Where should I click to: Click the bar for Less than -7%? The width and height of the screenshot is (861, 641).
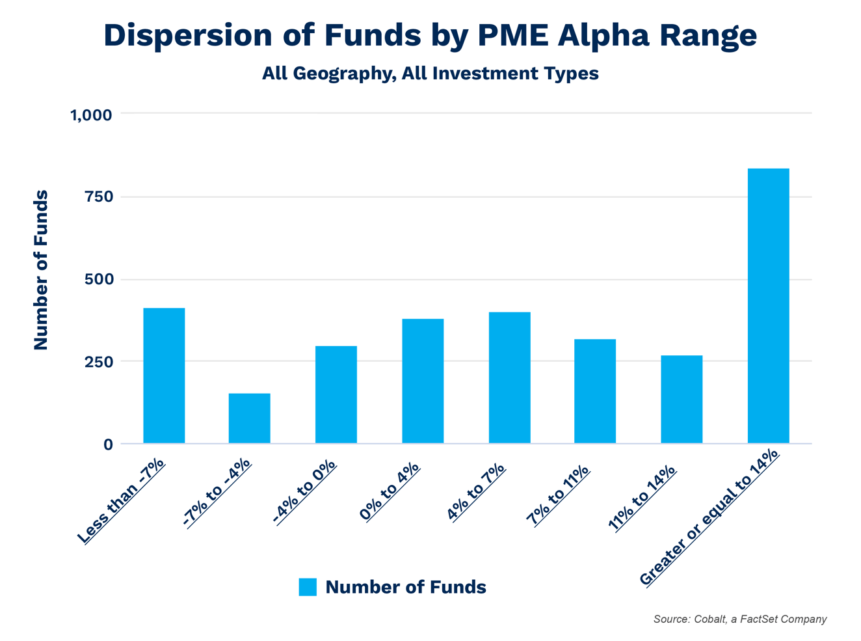click(164, 375)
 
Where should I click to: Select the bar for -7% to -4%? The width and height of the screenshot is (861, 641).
click(249, 418)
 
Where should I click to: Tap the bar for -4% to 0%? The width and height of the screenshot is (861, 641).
click(336, 394)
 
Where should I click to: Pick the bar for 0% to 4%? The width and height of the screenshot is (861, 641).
click(423, 381)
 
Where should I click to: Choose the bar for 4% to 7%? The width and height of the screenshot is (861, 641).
click(509, 377)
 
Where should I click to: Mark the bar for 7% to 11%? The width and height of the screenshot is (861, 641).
click(594, 391)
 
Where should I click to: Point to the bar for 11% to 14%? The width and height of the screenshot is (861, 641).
click(681, 399)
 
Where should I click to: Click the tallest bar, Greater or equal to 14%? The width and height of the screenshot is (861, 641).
click(768, 306)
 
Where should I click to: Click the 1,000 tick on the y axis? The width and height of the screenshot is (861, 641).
click(91, 115)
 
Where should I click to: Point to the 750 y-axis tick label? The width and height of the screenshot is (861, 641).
click(99, 197)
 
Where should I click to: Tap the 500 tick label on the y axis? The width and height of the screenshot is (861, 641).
click(99, 279)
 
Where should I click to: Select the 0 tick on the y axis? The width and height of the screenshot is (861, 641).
click(107, 444)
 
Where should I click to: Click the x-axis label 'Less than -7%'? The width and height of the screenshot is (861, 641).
click(121, 501)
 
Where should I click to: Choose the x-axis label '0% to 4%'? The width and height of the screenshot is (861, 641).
click(390, 491)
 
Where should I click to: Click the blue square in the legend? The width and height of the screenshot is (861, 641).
click(308, 587)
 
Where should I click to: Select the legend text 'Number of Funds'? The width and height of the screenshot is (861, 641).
click(405, 587)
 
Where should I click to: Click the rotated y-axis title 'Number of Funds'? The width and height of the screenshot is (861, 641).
click(41, 270)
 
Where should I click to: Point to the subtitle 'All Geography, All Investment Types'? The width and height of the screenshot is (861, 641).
click(430, 73)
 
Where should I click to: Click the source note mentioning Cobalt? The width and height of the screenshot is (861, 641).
click(739, 619)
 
